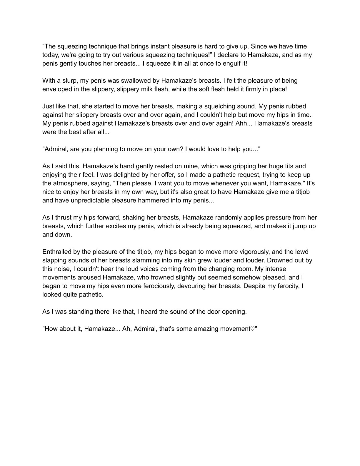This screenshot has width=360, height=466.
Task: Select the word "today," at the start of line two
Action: point(51,55)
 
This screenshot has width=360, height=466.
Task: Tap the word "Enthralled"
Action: point(57,252)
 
